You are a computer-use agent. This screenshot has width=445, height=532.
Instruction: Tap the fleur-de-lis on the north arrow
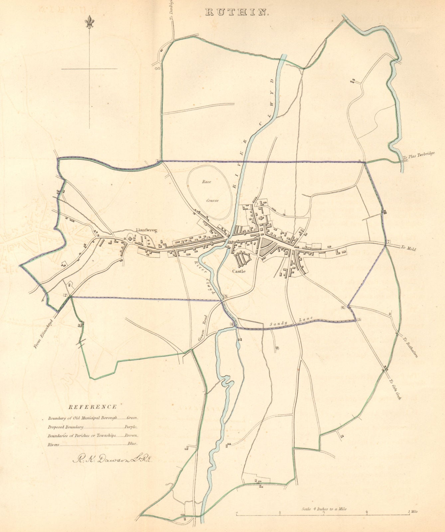point(89,23)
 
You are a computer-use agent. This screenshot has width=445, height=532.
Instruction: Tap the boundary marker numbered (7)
point(388,241)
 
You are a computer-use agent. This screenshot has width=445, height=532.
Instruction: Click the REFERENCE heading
point(92,407)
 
